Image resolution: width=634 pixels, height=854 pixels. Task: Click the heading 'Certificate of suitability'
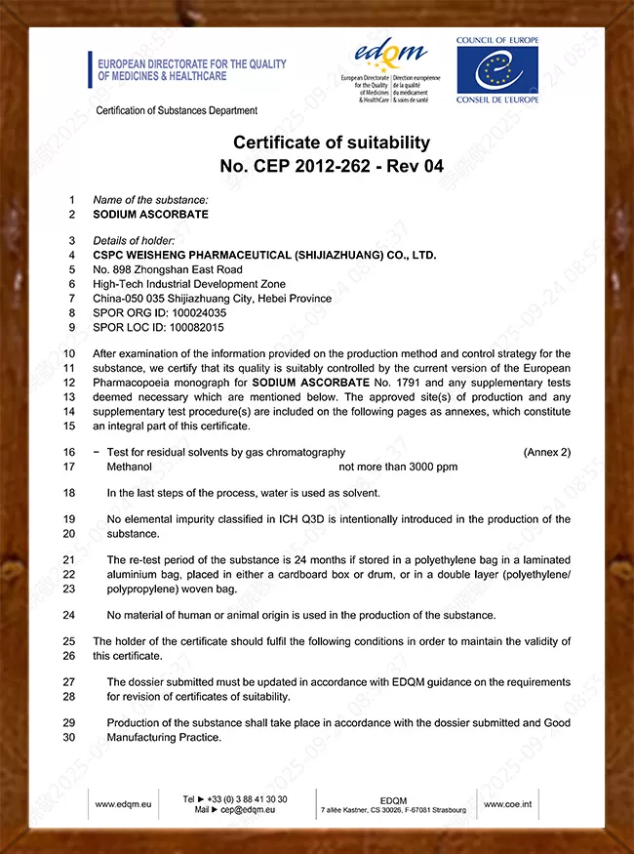tap(332, 142)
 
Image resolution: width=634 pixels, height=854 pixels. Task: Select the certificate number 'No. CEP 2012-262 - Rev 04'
tap(332, 166)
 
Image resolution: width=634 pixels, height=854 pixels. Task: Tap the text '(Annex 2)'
tap(546, 452)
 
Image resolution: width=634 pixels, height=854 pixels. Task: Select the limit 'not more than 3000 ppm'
tap(398, 467)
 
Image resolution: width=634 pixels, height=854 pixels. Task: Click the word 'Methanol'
tap(130, 467)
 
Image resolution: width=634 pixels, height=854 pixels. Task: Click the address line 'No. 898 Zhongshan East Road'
tap(168, 269)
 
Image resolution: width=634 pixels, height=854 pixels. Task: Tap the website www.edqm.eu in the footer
tap(123, 804)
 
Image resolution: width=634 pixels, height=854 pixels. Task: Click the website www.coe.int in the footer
tap(507, 804)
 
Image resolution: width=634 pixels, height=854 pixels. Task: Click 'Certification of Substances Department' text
tap(177, 110)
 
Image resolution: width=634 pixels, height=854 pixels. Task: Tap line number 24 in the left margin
tap(69, 615)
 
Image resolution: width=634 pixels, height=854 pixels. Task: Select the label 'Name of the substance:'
tap(150, 200)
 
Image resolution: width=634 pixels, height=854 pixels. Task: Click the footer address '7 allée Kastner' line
tap(393, 810)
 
